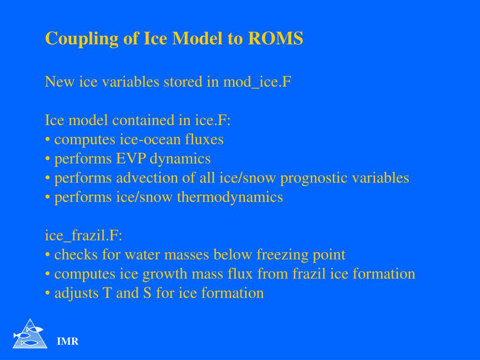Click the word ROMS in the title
coord(276,38)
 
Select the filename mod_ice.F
coord(257,82)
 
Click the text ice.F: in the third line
coord(213,120)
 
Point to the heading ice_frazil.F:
coord(83,236)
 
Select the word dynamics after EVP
coord(180,159)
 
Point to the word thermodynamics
coord(230,197)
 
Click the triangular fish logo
coord(30,334)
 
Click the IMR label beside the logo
coord(68,342)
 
